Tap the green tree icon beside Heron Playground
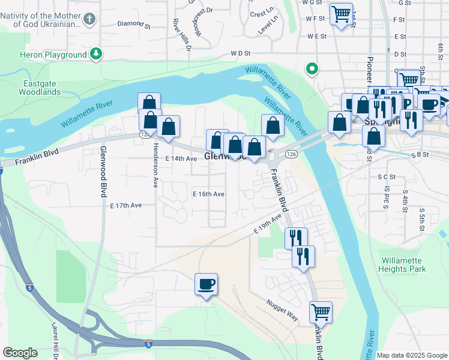pyautogui.click(x=96, y=55)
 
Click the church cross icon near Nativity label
pyautogui.click(x=89, y=19)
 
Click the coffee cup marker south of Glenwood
pyautogui.click(x=206, y=284)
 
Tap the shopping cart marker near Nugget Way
pyautogui.click(x=321, y=312)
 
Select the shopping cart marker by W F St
pyautogui.click(x=341, y=13)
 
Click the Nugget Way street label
pyautogui.click(x=282, y=311)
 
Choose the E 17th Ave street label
pyautogui.click(x=126, y=205)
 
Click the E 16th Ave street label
pyautogui.click(x=208, y=194)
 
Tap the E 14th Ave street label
pyautogui.click(x=181, y=158)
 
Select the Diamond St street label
pyautogui.click(x=134, y=25)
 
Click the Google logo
pyautogui.click(x=20, y=353)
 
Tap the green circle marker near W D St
pyautogui.click(x=312, y=69)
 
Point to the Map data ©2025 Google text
pyautogui.click(x=411, y=355)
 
